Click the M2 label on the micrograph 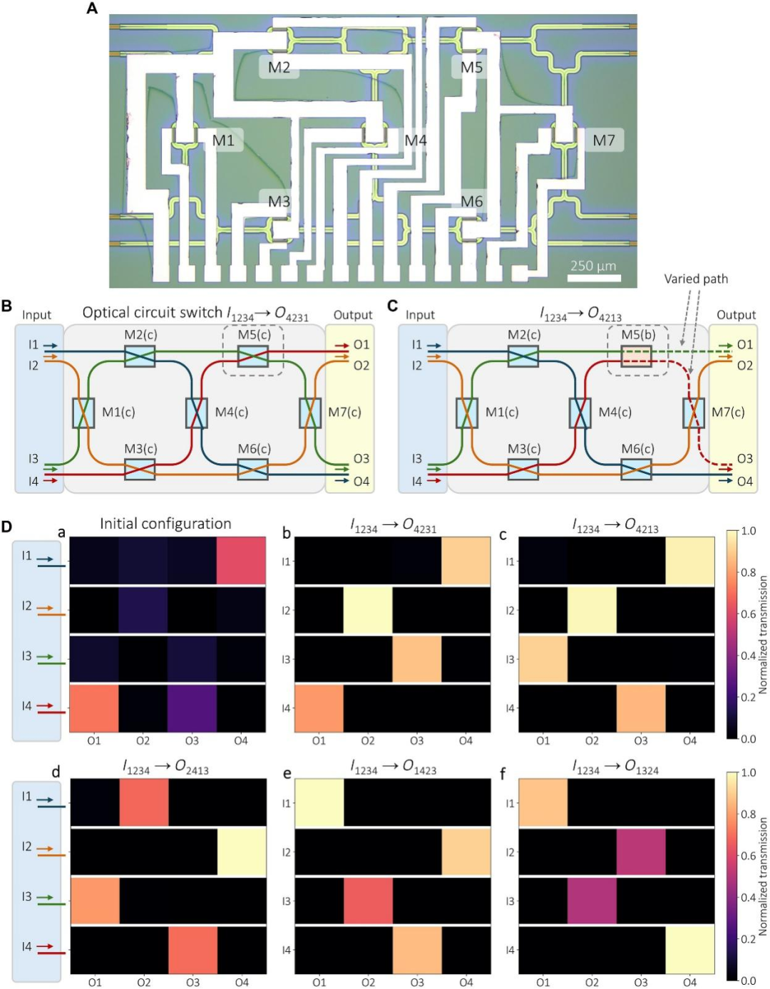coord(279,68)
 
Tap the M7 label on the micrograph coord(604,140)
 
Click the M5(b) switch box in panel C coord(636,355)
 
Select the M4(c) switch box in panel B coord(197,413)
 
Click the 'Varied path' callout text coord(696,279)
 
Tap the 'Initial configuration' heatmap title coord(165,524)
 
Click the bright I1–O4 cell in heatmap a coord(241,561)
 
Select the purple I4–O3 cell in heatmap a coord(192,708)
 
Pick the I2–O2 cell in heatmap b coord(368,610)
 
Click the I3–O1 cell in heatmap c coord(543,659)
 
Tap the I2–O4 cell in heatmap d coord(242,851)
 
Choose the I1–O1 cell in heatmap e coord(319,803)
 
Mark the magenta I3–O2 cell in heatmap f coord(592,901)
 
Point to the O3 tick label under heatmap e coord(417,983)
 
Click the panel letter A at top coord(92,9)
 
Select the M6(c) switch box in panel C coord(636,470)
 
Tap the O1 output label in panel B coord(361,345)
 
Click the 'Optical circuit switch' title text coord(153,313)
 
